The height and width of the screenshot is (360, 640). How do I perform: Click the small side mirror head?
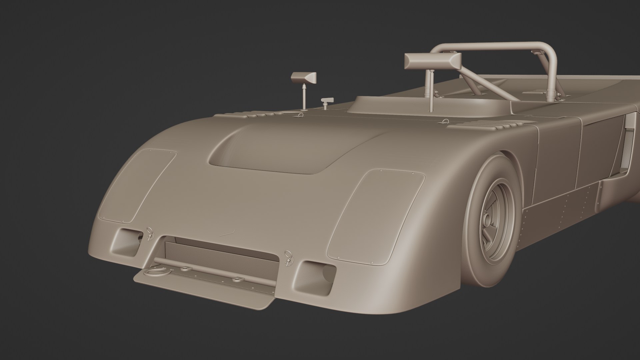point(303,78)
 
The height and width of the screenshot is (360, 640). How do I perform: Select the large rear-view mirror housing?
point(433,61)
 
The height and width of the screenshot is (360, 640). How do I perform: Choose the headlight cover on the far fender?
point(138,185)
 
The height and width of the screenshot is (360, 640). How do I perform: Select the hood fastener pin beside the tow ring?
point(149,233)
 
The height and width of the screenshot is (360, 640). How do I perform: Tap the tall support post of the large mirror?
point(431,90)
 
